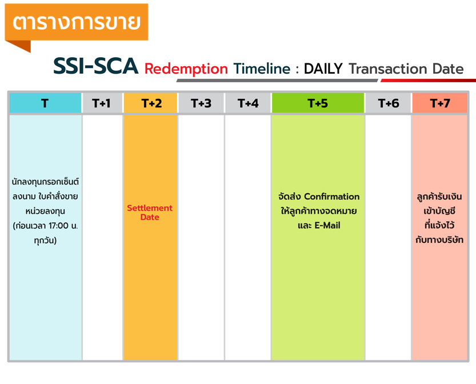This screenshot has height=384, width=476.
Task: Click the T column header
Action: pyautogui.click(x=45, y=103)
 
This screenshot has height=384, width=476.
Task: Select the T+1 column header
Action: pyautogui.click(x=102, y=103)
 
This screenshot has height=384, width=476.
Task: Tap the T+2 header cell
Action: pyautogui.click(x=151, y=103)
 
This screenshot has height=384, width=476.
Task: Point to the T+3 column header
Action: pyautogui.click(x=201, y=103)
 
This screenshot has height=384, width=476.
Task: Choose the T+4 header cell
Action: pyautogui.click(x=248, y=103)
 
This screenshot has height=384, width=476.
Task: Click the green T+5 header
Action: pyautogui.click(x=318, y=103)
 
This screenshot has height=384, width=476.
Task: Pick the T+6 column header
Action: pyautogui.click(x=388, y=103)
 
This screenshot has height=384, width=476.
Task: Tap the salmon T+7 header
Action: pyautogui.click(x=439, y=103)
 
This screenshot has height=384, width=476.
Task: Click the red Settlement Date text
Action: pyautogui.click(x=150, y=213)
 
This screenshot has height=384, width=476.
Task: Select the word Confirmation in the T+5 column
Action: pyautogui.click(x=332, y=197)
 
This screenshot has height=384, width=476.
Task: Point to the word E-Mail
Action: pyautogui.click(x=327, y=225)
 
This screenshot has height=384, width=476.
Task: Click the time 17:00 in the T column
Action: pyautogui.click(x=58, y=226)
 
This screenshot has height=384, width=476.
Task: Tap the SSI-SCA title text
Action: pyautogui.click(x=96, y=66)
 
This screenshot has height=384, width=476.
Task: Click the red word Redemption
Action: pyautogui.click(x=186, y=69)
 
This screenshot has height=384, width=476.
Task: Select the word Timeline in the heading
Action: pyautogui.click(x=262, y=69)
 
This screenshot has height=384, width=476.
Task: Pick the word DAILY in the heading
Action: pyautogui.click(x=323, y=69)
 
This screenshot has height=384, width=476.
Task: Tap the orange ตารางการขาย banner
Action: pyautogui.click(x=77, y=22)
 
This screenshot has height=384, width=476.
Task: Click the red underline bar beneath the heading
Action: pyautogui.click(x=429, y=81)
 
